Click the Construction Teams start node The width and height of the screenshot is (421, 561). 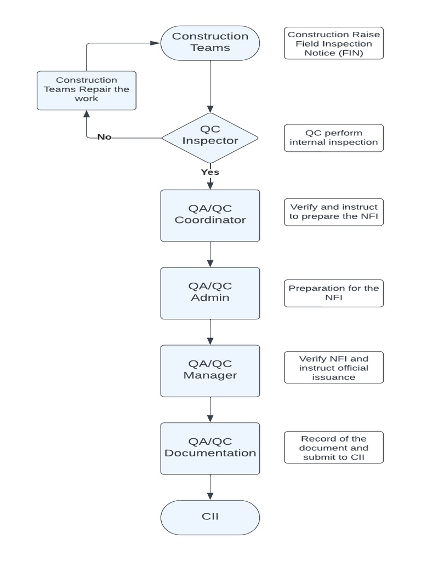point(210,42)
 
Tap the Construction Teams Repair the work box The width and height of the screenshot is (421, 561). point(87,90)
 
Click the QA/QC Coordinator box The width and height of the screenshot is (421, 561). point(210,215)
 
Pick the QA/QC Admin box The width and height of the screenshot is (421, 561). point(210,293)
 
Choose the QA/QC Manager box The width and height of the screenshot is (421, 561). point(210,371)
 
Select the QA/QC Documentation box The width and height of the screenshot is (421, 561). point(210,448)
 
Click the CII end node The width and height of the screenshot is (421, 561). point(210,518)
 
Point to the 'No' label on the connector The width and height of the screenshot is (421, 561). point(104,137)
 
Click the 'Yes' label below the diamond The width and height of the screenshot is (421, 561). point(210,172)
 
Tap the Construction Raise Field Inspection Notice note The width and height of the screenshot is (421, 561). point(334,43)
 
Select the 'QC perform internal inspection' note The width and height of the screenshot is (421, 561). point(334,138)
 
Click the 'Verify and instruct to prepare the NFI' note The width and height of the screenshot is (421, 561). point(334,211)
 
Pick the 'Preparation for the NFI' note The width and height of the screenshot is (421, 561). point(334,293)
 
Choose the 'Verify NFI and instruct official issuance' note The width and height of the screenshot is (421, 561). point(334,367)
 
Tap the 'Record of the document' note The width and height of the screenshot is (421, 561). point(334,448)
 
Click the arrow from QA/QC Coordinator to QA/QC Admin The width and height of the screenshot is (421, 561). point(210,254)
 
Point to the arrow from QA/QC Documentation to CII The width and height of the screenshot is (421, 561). point(210,487)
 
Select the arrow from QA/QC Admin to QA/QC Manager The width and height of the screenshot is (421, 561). point(210,332)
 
